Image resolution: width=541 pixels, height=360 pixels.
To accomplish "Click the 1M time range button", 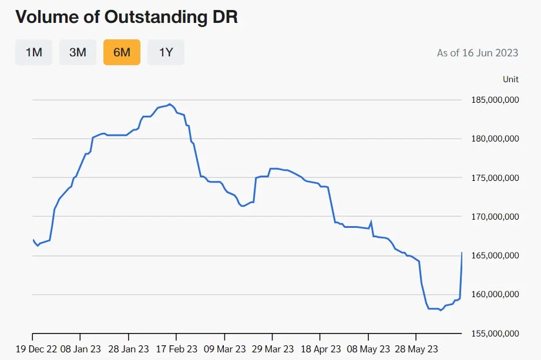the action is (33, 52).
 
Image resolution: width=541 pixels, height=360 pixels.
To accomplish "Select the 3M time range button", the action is (78, 52).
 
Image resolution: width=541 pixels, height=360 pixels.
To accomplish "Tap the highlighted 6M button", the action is (122, 52).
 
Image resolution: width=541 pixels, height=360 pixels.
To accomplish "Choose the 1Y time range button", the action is (166, 52).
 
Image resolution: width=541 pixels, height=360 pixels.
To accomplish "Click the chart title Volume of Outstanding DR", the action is (127, 16).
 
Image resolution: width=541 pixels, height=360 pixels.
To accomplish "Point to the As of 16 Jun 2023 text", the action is (478, 53).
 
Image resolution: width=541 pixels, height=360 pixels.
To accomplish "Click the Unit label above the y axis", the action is (510, 79).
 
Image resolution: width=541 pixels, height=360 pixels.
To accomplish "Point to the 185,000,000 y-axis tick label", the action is (495, 100).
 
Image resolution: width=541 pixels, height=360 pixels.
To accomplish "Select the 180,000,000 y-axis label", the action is (495, 139).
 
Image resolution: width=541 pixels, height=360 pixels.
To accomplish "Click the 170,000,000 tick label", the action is (495, 217).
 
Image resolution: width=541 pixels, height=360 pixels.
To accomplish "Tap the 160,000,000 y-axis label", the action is (495, 294).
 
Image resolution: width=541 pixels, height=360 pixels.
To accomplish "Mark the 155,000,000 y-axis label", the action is (495, 334).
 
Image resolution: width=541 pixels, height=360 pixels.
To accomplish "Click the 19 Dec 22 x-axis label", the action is (36, 349).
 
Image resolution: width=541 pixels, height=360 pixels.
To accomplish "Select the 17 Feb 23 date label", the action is (177, 349).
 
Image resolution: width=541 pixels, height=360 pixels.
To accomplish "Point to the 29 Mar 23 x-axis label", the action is (273, 349).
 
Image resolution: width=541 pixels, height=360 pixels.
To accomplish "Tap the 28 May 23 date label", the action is (416, 349).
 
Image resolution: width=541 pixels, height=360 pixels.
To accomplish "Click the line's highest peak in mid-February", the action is (169, 104).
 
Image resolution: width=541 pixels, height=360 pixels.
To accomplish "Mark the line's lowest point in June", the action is (440, 310).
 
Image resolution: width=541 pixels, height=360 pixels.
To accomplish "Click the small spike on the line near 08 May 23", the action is (371, 221).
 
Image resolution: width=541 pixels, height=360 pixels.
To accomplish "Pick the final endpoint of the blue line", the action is (462, 253).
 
